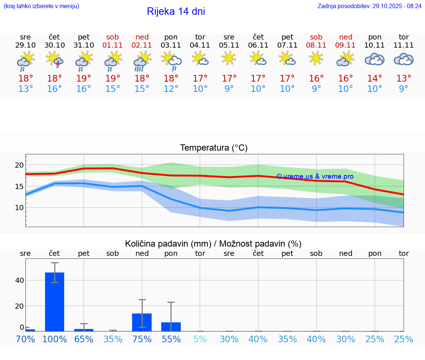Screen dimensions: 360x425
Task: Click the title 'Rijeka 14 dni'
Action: [x=176, y=11]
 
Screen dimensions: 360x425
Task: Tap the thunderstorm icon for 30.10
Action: [x=55, y=59]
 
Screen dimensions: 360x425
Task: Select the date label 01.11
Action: [x=113, y=45]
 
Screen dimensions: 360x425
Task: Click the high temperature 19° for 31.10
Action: [x=84, y=79]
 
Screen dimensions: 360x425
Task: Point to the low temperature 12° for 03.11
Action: [x=171, y=89]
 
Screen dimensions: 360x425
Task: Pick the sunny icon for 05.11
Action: [x=229, y=58]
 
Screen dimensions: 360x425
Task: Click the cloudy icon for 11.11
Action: [x=404, y=59]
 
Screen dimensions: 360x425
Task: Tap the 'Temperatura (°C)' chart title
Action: [x=214, y=148]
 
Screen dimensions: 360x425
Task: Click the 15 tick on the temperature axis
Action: [x=19, y=186]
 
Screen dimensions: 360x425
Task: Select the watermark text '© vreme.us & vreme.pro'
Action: [x=315, y=176]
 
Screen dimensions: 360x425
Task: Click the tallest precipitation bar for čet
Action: [x=55, y=302]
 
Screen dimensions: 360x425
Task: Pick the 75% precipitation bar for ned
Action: [x=142, y=322]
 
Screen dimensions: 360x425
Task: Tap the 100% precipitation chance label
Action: [x=55, y=339]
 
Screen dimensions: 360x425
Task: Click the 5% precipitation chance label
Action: [x=200, y=339]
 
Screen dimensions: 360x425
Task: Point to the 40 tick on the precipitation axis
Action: [x=19, y=280]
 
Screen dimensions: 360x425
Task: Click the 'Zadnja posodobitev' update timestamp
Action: [x=369, y=6]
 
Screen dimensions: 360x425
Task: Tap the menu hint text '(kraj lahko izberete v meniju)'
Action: [x=41, y=6]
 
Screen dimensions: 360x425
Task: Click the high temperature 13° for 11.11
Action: [x=404, y=79]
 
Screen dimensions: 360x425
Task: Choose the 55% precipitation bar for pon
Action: [x=171, y=327]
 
